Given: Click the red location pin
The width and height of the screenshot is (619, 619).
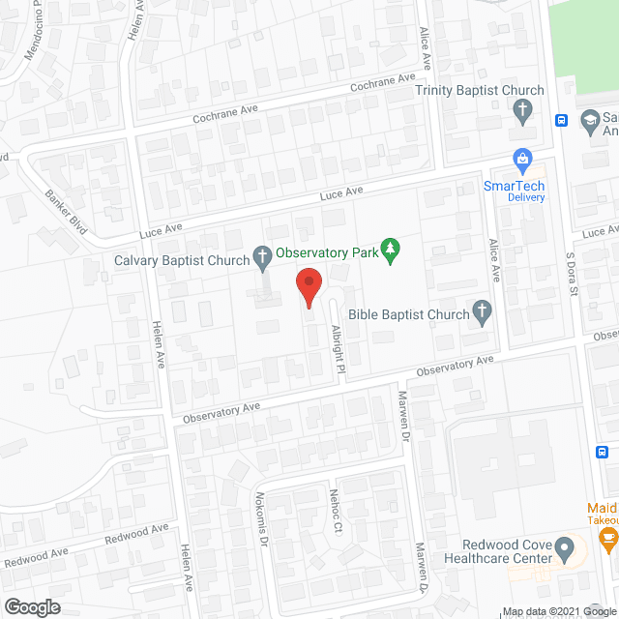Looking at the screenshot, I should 308,288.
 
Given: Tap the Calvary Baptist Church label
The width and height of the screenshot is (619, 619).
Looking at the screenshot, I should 182,258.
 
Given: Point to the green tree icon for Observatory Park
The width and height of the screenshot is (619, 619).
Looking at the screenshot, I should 390,250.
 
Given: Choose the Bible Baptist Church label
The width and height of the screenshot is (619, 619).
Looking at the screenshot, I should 407,313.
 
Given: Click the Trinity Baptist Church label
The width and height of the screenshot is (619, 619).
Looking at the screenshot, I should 479,91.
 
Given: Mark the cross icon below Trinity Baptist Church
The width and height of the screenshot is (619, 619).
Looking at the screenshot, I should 522,110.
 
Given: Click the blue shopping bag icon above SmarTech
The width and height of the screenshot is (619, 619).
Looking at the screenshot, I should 522,158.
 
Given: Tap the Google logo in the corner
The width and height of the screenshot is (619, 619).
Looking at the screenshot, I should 31,607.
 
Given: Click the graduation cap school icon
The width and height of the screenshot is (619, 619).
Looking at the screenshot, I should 588,120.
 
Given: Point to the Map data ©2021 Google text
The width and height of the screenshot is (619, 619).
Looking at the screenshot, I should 558,611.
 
